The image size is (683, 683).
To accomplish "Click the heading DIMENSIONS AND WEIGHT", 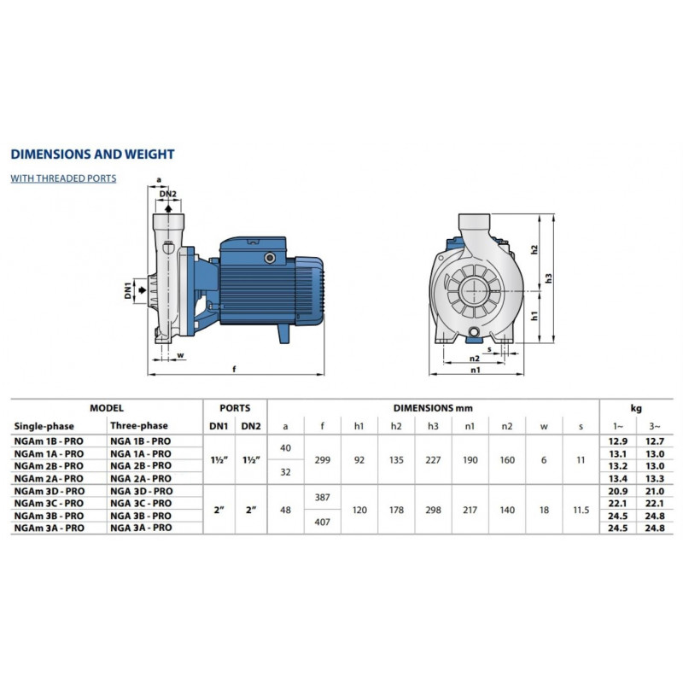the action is [92, 155].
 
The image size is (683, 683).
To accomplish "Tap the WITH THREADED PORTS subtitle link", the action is [63, 178].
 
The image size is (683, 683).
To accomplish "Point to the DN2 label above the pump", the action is [167, 194].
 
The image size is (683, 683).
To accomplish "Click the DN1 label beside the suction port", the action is [128, 290].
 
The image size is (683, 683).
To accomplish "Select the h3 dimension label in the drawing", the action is [548, 278].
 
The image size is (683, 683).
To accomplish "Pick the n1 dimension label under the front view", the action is [476, 370].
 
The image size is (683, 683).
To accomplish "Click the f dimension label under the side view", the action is [234, 369].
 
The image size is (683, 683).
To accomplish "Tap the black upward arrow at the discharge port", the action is [168, 208].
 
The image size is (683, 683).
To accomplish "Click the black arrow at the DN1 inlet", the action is [142, 290].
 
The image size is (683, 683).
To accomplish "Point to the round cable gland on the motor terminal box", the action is [270, 259].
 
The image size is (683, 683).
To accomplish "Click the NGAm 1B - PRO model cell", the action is [49, 441].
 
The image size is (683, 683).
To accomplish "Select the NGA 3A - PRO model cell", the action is [141, 528].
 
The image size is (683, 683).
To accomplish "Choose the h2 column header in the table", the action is [396, 426].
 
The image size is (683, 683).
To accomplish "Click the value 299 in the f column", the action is [323, 460].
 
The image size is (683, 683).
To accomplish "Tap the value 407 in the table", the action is [323, 522].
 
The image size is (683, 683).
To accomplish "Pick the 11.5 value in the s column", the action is [581, 510].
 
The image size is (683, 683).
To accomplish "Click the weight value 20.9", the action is [617, 491].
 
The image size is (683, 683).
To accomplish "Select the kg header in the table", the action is [636, 408].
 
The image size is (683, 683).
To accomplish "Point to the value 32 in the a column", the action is [285, 472].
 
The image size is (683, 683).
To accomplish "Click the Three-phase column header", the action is [139, 425].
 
